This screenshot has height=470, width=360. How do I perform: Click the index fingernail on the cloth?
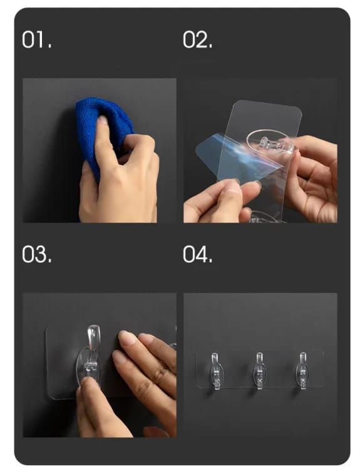(x=101, y=121)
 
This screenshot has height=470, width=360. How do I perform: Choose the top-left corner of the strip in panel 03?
(x=48, y=327)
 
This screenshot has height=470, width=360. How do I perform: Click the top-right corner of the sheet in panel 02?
(x=299, y=110)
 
